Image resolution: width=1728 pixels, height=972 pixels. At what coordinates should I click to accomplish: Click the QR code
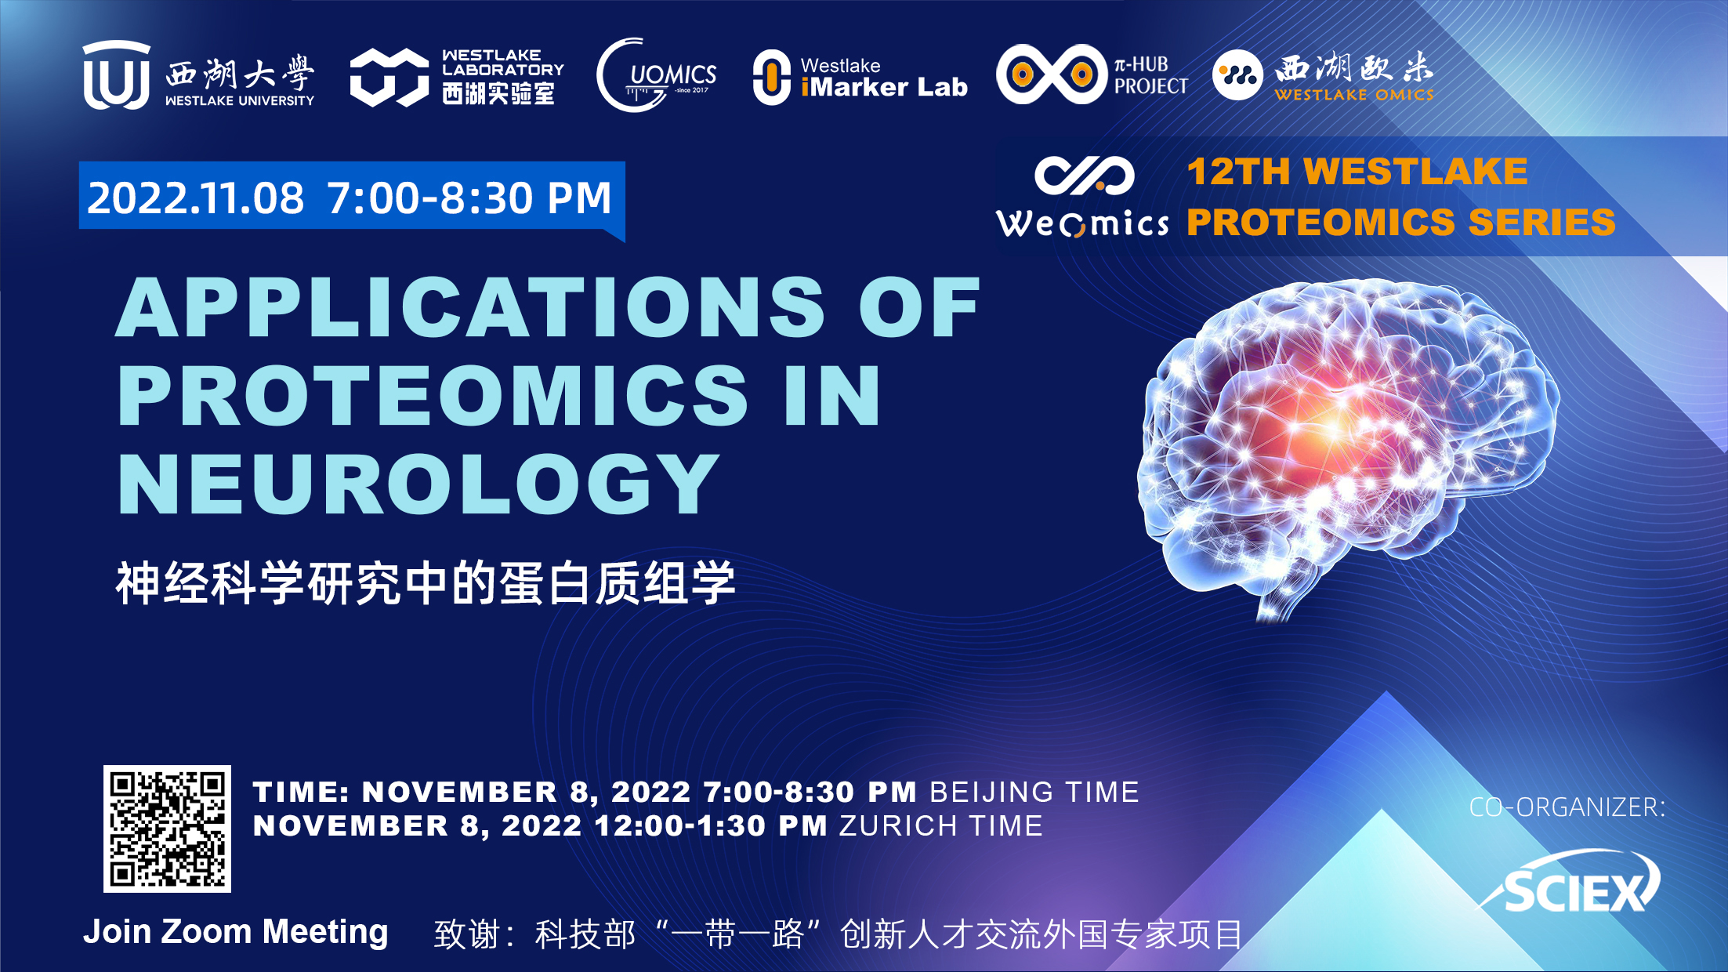point(167,829)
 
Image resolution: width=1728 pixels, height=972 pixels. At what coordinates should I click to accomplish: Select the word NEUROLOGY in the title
point(418,484)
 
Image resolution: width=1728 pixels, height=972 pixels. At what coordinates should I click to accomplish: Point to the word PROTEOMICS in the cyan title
point(433,395)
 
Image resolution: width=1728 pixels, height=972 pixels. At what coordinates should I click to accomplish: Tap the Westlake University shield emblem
point(117,75)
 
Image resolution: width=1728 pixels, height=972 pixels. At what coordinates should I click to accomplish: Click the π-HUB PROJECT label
point(1151,75)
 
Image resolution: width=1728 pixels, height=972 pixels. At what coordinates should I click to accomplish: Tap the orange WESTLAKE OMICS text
point(1354,95)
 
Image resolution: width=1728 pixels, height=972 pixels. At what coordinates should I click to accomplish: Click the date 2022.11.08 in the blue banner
point(195,198)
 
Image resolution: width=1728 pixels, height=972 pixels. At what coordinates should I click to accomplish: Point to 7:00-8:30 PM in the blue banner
point(469,198)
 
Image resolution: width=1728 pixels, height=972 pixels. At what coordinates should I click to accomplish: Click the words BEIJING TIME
point(1034,792)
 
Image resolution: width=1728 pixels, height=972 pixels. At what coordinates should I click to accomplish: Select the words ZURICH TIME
point(941,825)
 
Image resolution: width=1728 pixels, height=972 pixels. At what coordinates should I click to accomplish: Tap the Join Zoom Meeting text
point(236,932)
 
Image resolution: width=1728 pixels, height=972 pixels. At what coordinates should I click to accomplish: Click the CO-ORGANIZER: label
point(1567,807)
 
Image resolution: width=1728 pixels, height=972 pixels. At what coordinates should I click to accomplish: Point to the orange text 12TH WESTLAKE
point(1357,172)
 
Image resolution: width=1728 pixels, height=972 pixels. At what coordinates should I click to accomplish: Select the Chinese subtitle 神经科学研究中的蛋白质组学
point(426,583)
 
